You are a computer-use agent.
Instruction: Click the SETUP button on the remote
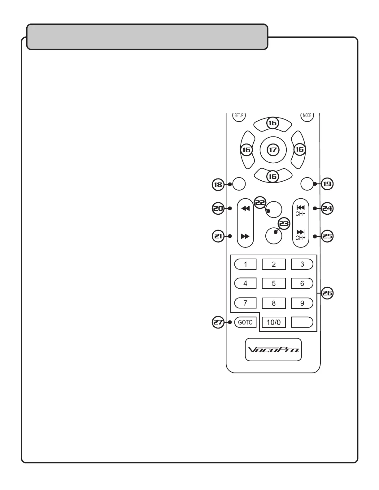click(x=239, y=116)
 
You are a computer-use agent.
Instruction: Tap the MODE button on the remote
click(x=307, y=116)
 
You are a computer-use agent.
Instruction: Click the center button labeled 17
click(x=273, y=150)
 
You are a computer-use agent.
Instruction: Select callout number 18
click(x=218, y=184)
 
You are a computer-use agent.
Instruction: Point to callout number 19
click(x=327, y=184)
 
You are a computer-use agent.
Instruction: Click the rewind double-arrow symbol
click(x=245, y=209)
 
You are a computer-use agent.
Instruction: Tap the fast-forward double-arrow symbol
click(x=245, y=236)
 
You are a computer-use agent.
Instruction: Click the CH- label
click(x=300, y=213)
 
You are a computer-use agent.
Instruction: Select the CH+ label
click(x=300, y=238)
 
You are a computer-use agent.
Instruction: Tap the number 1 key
click(x=246, y=264)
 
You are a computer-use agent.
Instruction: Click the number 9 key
click(x=302, y=303)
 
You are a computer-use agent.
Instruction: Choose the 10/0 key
click(x=274, y=322)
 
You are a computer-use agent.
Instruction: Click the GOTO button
click(x=245, y=322)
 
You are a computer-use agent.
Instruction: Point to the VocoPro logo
click(x=273, y=350)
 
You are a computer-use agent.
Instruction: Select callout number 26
click(x=327, y=293)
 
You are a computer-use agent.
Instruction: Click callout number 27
click(x=218, y=322)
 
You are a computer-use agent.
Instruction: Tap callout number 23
click(x=284, y=223)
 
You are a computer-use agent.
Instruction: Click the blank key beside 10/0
click(x=302, y=322)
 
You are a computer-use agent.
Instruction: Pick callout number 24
click(x=327, y=209)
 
